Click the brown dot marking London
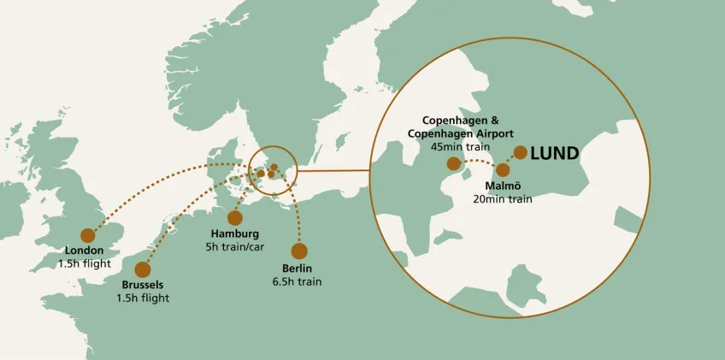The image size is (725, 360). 86,235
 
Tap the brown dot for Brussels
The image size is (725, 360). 142,269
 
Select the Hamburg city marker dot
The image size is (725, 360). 235,218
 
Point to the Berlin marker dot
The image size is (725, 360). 298,251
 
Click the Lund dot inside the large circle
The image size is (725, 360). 520,153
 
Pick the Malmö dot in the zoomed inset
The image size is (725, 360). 502,170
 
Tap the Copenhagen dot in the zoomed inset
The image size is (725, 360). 453,162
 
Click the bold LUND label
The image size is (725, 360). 555,154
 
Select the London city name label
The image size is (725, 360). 84,251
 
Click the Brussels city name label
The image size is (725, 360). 142,285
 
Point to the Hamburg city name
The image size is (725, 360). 233,233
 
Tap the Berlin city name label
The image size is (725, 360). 297,268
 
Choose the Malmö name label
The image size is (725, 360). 502,186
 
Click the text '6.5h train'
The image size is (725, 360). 297,280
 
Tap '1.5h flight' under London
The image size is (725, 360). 85,263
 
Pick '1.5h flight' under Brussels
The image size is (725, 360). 143,298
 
